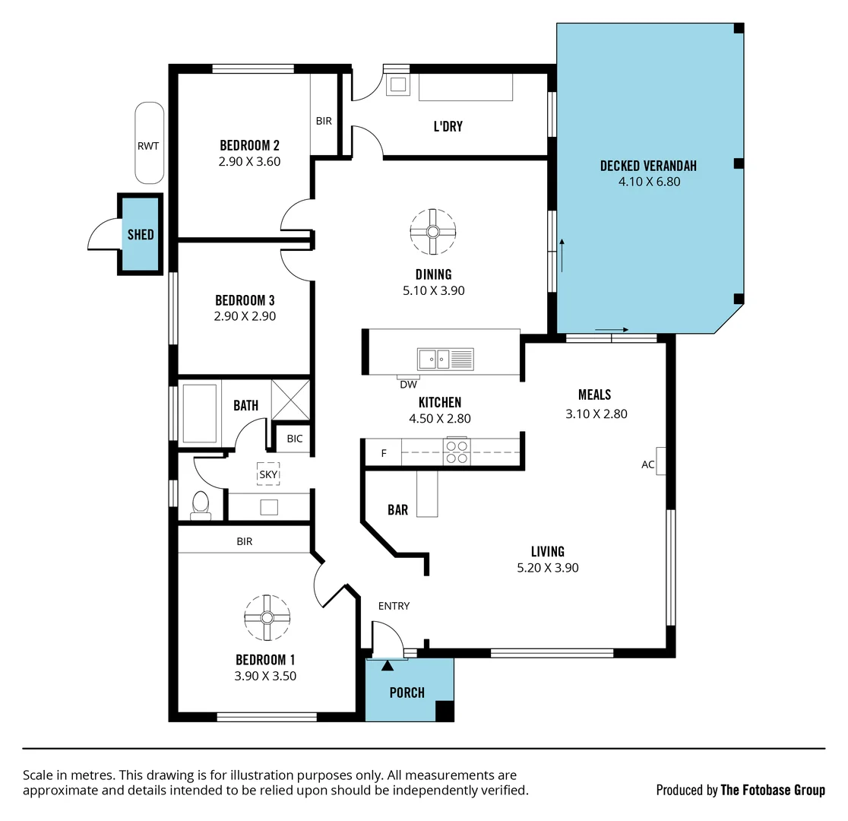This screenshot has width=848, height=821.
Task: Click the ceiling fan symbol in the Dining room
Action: (433, 232)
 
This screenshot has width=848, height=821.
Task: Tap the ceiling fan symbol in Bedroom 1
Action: (267, 617)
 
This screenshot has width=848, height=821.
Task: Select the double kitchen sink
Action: (445, 358)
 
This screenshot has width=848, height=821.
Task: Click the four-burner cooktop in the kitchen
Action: (457, 452)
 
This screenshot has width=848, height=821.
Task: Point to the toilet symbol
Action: (201, 505)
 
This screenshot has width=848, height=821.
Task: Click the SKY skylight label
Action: (268, 474)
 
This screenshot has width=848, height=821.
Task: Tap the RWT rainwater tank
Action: (149, 144)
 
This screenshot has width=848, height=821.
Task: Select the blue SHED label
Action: (141, 235)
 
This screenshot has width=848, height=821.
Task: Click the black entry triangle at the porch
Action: (388, 666)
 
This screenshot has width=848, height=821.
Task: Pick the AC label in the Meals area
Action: (648, 464)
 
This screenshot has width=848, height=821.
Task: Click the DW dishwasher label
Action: (408, 385)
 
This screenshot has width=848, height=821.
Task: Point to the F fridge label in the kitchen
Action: (384, 453)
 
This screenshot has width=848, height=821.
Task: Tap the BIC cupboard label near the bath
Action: (294, 439)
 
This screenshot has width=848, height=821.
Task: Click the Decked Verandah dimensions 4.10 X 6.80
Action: (649, 182)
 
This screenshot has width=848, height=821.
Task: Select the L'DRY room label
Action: (448, 127)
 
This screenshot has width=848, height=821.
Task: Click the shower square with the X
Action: (290, 399)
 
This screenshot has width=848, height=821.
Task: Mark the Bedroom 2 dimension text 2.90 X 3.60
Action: (249, 161)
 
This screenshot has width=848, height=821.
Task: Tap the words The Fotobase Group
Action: (772, 790)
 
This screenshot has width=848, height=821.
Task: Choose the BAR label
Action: (397, 510)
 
